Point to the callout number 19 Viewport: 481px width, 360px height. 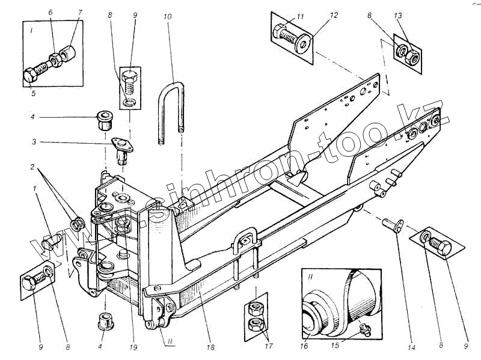pos(134,348)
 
